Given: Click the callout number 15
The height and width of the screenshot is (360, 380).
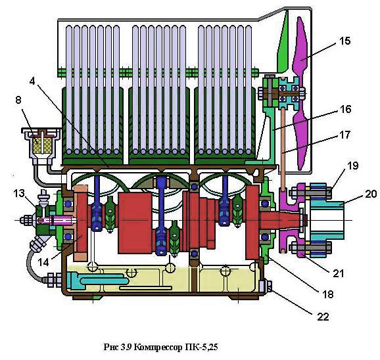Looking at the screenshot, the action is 344,41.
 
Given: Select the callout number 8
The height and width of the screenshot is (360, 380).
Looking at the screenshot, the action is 18,100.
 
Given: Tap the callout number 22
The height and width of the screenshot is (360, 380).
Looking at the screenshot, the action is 323,317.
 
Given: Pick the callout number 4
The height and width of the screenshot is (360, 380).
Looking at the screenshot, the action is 32,81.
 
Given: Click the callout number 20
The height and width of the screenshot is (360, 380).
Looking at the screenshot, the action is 371,194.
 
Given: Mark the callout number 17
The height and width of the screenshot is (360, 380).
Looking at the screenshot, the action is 345,135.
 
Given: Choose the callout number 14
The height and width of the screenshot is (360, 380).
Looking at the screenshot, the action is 43,262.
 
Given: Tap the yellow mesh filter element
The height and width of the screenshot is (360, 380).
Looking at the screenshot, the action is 40,145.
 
